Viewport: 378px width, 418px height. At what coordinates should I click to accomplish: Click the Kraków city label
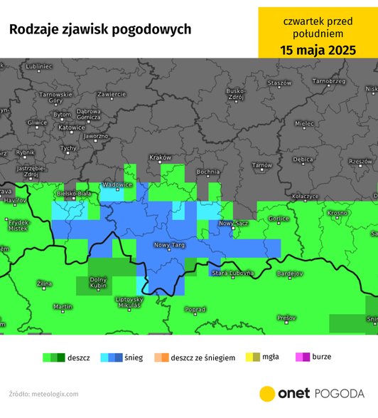coord(161,157)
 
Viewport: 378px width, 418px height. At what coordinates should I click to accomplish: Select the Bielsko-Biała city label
coord(75,193)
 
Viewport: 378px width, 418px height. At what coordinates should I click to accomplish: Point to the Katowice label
coord(71,128)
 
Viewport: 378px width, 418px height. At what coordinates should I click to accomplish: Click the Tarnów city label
coord(262,167)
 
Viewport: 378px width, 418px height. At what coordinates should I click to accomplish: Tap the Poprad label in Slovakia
coord(195,310)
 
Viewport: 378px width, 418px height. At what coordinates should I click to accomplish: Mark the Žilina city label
coord(44,284)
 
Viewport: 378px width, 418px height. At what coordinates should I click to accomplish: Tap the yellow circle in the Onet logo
coord(268,394)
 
